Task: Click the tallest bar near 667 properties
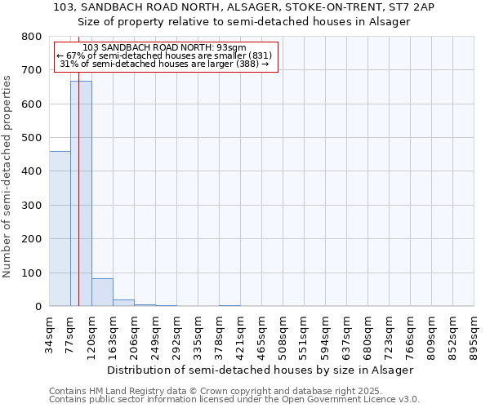click(81, 193)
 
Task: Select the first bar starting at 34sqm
click(60, 228)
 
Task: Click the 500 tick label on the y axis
click(31, 138)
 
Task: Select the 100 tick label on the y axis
click(31, 273)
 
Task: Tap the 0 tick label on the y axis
click(38, 307)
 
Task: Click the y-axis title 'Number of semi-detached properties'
click(7, 173)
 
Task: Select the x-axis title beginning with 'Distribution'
click(261, 370)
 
